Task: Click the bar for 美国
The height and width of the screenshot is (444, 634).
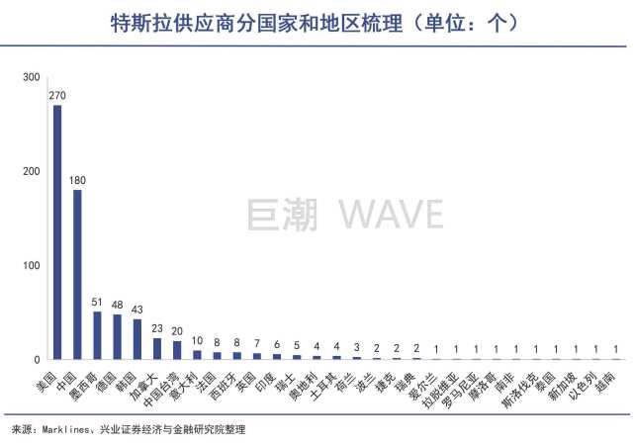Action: point(57,232)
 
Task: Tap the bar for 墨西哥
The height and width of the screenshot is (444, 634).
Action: point(97,335)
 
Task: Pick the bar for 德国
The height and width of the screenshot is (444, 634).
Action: point(117,336)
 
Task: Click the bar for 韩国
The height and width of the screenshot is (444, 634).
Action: point(136,338)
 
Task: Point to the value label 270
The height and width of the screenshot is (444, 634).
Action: point(57,96)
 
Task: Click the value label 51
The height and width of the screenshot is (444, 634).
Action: point(97,303)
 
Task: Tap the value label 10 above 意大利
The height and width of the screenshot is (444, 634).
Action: point(197,341)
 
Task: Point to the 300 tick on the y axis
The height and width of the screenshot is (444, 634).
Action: point(32,78)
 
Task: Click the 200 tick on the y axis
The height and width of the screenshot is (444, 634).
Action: point(32,172)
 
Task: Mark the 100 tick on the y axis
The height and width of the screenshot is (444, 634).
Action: point(32,266)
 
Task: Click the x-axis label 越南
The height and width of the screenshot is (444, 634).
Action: point(609,377)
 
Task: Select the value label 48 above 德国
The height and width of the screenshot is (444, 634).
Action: point(117,306)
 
